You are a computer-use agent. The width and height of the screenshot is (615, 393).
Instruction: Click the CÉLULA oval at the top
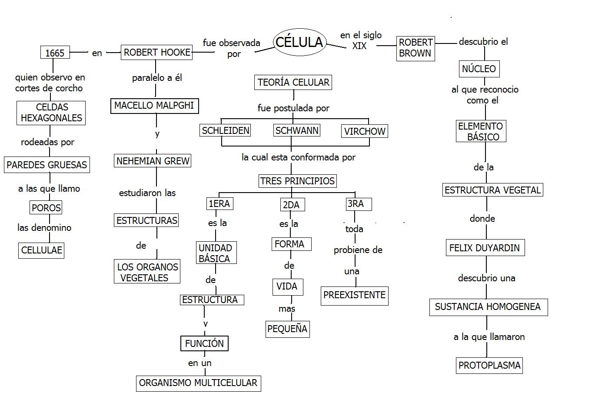pyautogui.click(x=299, y=42)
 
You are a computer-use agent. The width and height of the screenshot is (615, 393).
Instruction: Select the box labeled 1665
pyautogui.click(x=55, y=53)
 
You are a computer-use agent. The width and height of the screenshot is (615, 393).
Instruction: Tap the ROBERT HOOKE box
pyautogui.click(x=156, y=53)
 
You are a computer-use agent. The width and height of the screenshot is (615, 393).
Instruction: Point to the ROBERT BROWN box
pyautogui.click(x=416, y=48)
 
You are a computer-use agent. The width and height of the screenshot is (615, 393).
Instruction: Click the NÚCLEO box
pyautogui.click(x=479, y=69)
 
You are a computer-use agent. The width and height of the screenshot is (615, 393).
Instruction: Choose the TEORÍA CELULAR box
pyautogui.click(x=293, y=82)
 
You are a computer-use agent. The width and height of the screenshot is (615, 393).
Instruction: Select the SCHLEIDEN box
pyautogui.click(x=226, y=130)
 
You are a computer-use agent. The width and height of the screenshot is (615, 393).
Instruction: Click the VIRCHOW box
pyautogui.click(x=365, y=131)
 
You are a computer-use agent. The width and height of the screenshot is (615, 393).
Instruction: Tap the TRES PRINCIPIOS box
pyautogui.click(x=298, y=181)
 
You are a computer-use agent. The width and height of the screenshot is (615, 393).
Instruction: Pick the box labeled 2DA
pyautogui.click(x=291, y=205)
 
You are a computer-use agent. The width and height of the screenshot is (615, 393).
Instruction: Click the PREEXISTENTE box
pyautogui.click(x=354, y=296)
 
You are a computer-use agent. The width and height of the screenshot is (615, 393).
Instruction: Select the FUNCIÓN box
pyautogui.click(x=204, y=343)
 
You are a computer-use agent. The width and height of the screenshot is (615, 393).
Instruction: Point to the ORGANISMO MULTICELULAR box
pyautogui.click(x=198, y=383)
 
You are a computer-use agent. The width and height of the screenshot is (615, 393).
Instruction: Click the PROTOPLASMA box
pyautogui.click(x=489, y=365)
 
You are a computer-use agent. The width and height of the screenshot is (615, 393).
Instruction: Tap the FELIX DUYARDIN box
pyautogui.click(x=485, y=248)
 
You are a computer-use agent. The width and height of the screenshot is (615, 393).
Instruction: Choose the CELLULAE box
pyautogui.click(x=42, y=250)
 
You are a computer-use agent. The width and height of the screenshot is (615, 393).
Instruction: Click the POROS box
pyautogui.click(x=46, y=208)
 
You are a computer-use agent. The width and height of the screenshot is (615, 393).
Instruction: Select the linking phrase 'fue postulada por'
pyautogui.click(x=293, y=108)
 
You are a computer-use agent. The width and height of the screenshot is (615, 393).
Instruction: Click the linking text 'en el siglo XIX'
pyautogui.click(x=360, y=40)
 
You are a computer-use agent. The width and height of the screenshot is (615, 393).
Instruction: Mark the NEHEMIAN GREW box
pyautogui.click(x=153, y=161)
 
